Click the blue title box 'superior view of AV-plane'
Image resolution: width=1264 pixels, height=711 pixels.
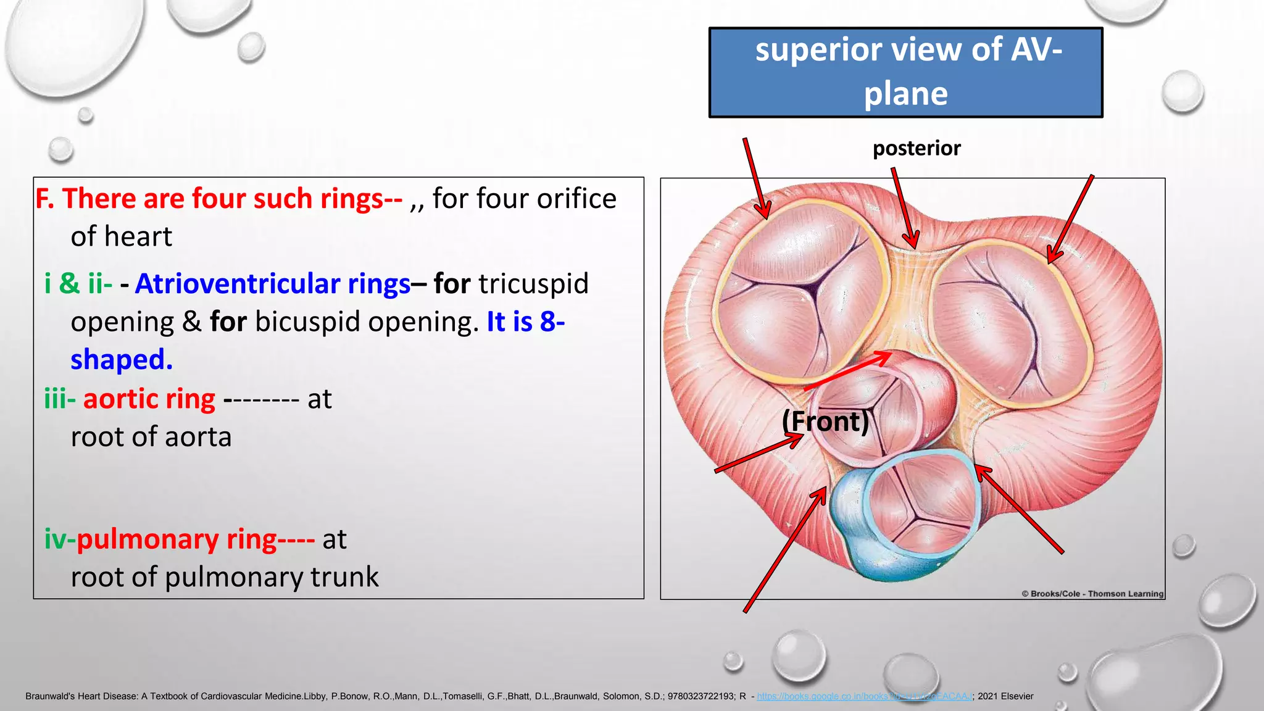[905, 72]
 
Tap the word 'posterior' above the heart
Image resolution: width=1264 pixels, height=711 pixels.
[917, 148]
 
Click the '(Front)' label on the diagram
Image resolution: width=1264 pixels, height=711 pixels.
[825, 422]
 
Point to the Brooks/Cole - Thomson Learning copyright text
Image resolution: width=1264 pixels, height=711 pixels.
[1092, 594]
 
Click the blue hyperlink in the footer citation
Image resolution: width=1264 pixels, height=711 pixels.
[864, 696]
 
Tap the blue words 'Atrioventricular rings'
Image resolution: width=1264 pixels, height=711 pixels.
[273, 284]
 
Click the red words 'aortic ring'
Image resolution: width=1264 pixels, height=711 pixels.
[149, 399]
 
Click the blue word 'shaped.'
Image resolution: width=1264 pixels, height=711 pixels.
[122, 360]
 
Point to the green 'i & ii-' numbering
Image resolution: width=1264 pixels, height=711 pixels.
[78, 284]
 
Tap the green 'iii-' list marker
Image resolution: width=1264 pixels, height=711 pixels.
[60, 399]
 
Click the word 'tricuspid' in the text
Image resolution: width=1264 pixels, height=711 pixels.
[533, 284]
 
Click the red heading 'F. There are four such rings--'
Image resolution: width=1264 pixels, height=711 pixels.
[218, 199]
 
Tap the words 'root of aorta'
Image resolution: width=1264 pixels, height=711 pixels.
[151, 437]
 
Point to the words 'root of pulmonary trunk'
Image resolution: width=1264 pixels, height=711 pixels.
[225, 577]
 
